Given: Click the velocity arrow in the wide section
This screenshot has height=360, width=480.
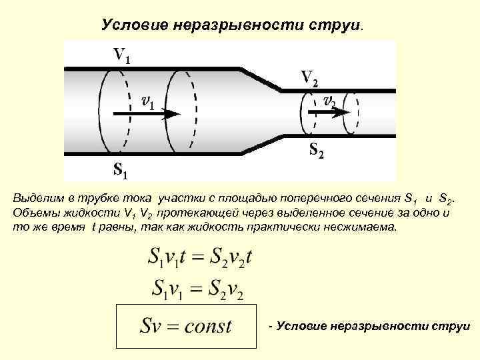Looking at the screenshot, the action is [x=147, y=114].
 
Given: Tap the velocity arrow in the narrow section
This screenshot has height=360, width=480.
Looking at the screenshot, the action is [x=330, y=113].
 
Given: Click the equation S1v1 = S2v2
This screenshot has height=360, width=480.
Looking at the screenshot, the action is [x=198, y=288].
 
